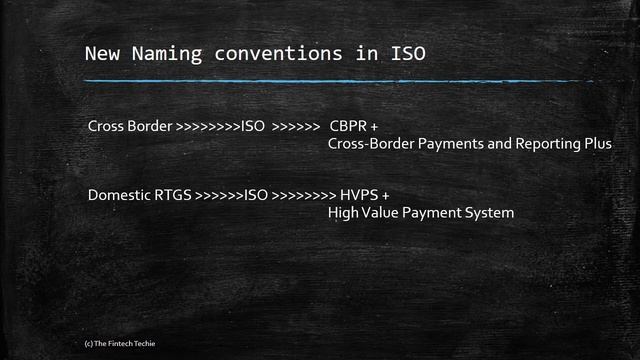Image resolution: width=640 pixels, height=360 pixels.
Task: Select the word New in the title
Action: coord(101,52)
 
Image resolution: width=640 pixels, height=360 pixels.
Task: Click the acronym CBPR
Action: coord(349,127)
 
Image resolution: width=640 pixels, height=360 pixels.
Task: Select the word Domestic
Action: coord(117,195)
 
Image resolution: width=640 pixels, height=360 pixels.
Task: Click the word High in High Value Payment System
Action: coord(343,212)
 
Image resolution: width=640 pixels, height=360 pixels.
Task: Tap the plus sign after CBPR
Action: coord(381,127)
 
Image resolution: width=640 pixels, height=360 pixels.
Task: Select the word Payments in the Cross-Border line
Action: coord(453,144)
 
